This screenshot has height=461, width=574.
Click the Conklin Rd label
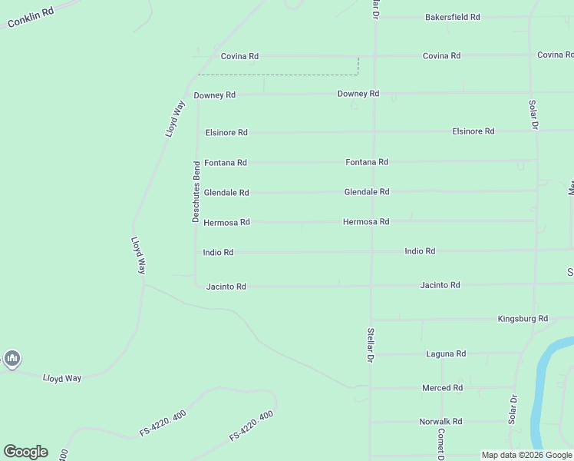tap(30, 18)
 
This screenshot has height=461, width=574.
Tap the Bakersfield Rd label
tap(453, 17)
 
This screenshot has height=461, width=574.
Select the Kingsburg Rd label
tap(523, 319)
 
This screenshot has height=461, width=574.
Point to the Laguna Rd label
tap(446, 354)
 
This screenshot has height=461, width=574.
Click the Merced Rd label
tap(442, 388)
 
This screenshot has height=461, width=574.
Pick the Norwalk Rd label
tap(440, 422)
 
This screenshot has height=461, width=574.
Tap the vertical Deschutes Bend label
tap(196, 192)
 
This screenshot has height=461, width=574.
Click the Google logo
tap(25, 452)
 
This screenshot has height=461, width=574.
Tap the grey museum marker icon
tap(12, 358)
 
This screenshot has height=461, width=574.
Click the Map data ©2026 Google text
tap(526, 455)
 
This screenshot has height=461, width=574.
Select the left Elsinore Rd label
tap(226, 133)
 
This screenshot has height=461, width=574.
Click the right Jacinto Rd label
tap(440, 285)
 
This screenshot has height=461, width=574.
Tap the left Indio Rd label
tap(218, 252)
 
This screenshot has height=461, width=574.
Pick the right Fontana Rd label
tap(367, 162)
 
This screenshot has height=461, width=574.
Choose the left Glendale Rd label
tap(226, 193)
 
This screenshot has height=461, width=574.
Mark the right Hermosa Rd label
tap(366, 222)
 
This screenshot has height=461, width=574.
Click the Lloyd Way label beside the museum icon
tap(62, 378)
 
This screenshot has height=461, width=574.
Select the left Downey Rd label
tap(214, 95)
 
